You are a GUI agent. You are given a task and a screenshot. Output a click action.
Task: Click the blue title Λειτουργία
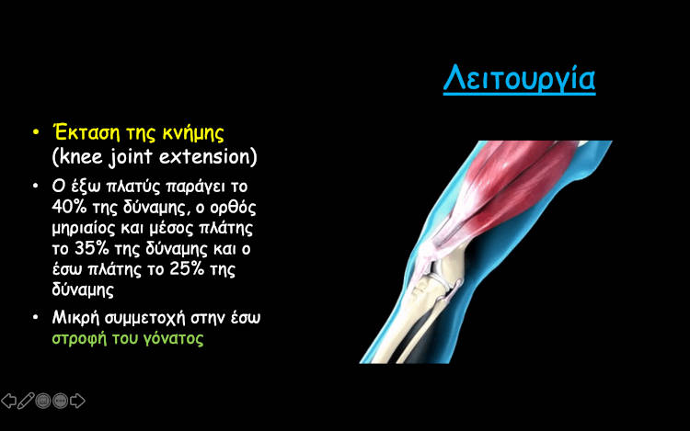[x=519, y=78]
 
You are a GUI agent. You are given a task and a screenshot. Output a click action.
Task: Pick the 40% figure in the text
[x=69, y=206]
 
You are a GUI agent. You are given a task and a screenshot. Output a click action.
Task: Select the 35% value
[x=92, y=248]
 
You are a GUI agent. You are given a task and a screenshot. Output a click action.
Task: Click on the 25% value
[x=187, y=269]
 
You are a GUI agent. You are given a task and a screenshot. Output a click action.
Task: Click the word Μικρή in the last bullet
[x=75, y=318]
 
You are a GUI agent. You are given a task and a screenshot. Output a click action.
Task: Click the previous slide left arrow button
[x=9, y=401]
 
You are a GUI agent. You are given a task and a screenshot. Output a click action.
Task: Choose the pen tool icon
[x=26, y=401]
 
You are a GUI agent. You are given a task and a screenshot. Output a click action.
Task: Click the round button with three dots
[x=61, y=401]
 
